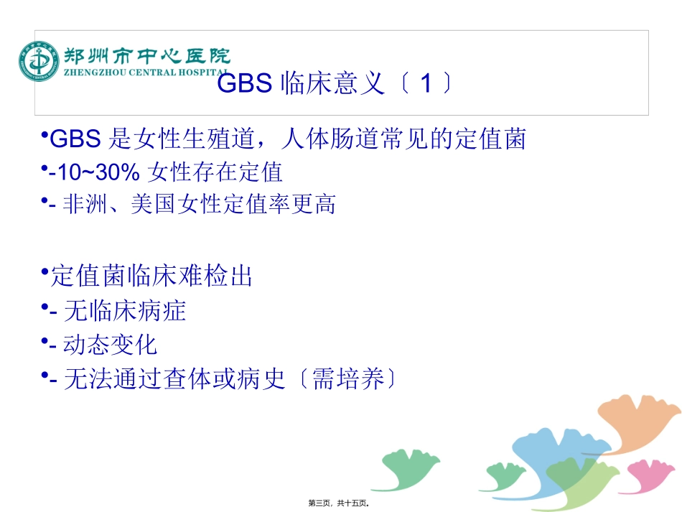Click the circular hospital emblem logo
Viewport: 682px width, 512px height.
(x=39, y=62)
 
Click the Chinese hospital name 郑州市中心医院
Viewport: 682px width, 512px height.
(x=147, y=55)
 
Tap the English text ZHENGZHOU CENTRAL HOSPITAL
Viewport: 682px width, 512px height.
(x=147, y=73)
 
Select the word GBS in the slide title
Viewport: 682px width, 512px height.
(x=244, y=85)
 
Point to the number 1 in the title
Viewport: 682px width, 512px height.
(x=426, y=85)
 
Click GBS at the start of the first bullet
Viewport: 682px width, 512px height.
(x=75, y=138)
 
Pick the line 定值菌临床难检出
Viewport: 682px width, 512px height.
(x=151, y=276)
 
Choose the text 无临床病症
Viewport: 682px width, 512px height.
(x=125, y=310)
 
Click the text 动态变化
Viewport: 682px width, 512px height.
(x=110, y=345)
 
